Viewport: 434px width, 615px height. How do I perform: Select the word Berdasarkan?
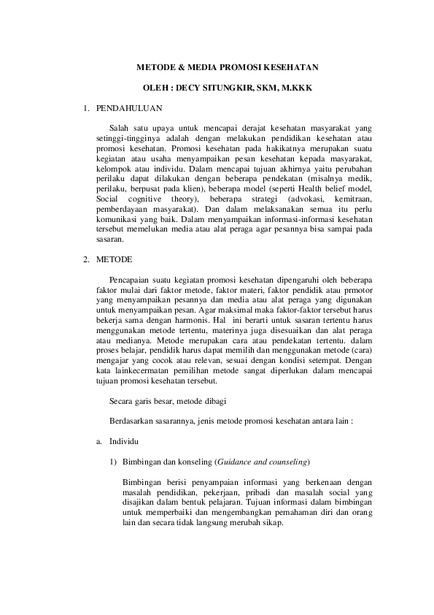coord(132,422)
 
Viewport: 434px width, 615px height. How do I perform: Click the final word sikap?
coord(272,524)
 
